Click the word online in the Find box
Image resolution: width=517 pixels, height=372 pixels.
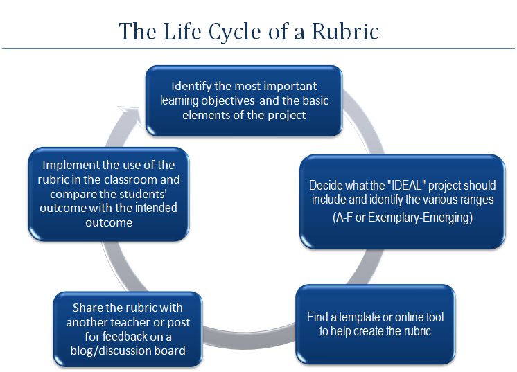[410, 317]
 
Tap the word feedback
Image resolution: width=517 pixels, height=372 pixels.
[107, 337]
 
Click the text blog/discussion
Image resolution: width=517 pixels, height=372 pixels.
[110, 351]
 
